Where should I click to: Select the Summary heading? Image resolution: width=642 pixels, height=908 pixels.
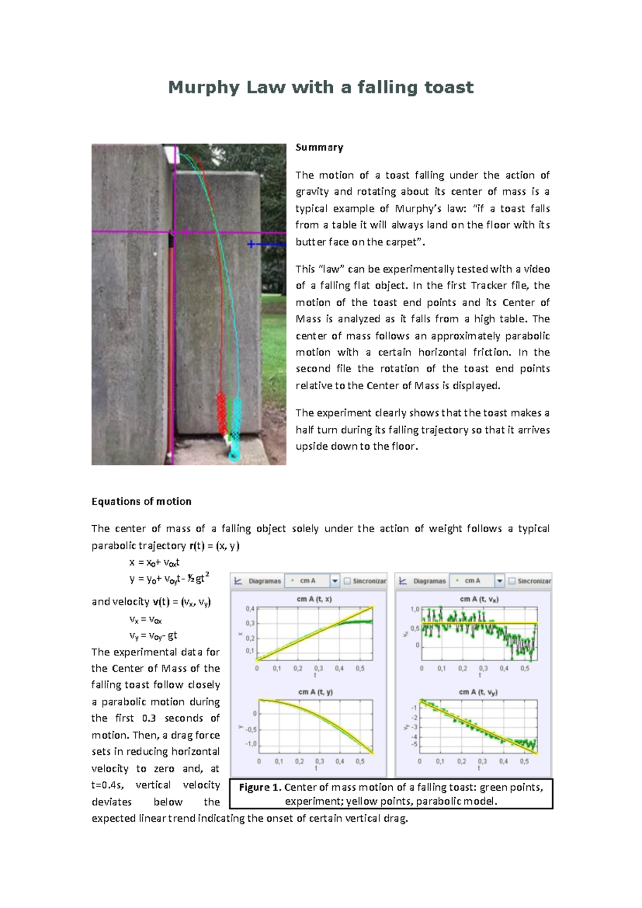click(319, 147)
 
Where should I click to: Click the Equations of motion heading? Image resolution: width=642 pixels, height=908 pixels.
click(141, 502)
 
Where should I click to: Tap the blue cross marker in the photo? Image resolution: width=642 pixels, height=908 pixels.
click(250, 244)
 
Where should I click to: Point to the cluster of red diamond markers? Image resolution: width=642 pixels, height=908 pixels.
click(221, 413)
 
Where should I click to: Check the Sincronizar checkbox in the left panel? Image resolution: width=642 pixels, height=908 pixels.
click(347, 581)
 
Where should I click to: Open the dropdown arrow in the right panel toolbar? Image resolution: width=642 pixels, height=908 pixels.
click(500, 581)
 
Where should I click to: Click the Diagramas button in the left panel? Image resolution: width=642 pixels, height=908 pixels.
click(259, 581)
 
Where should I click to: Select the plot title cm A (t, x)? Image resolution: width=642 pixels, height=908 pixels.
click(314, 600)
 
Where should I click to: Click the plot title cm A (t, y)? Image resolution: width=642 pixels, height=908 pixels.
click(315, 692)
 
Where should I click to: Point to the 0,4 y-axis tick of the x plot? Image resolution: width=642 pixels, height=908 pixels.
click(250, 609)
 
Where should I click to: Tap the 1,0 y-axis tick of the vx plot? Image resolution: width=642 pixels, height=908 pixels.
click(415, 609)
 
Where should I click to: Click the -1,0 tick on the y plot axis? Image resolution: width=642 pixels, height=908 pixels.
click(250, 744)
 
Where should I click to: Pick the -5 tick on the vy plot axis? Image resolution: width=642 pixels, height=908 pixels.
click(414, 745)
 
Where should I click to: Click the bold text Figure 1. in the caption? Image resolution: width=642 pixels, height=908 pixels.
click(260, 788)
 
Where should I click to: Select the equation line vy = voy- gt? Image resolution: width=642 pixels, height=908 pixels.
click(153, 636)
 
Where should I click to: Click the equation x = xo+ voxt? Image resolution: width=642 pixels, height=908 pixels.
click(154, 563)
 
